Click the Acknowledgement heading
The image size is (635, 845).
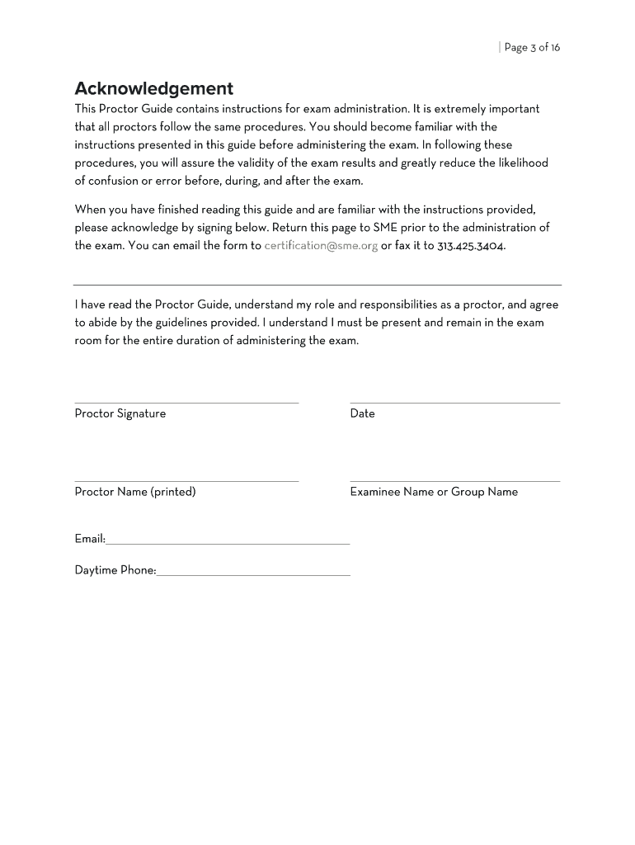153,88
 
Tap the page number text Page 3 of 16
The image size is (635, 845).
532,47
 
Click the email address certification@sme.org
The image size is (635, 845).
321,246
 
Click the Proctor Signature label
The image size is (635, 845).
120,413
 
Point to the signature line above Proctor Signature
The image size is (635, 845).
186,403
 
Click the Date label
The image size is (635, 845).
362,413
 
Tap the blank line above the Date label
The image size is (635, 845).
454,403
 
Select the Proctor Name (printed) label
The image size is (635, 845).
135,492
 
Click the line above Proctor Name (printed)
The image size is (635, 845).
186,481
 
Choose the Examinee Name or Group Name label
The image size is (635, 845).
434,492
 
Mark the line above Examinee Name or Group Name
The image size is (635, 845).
454,481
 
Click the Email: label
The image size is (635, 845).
90,539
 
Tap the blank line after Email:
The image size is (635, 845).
228,544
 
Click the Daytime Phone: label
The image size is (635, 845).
115,570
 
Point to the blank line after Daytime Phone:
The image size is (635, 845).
253,575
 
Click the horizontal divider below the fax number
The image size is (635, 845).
317,285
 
